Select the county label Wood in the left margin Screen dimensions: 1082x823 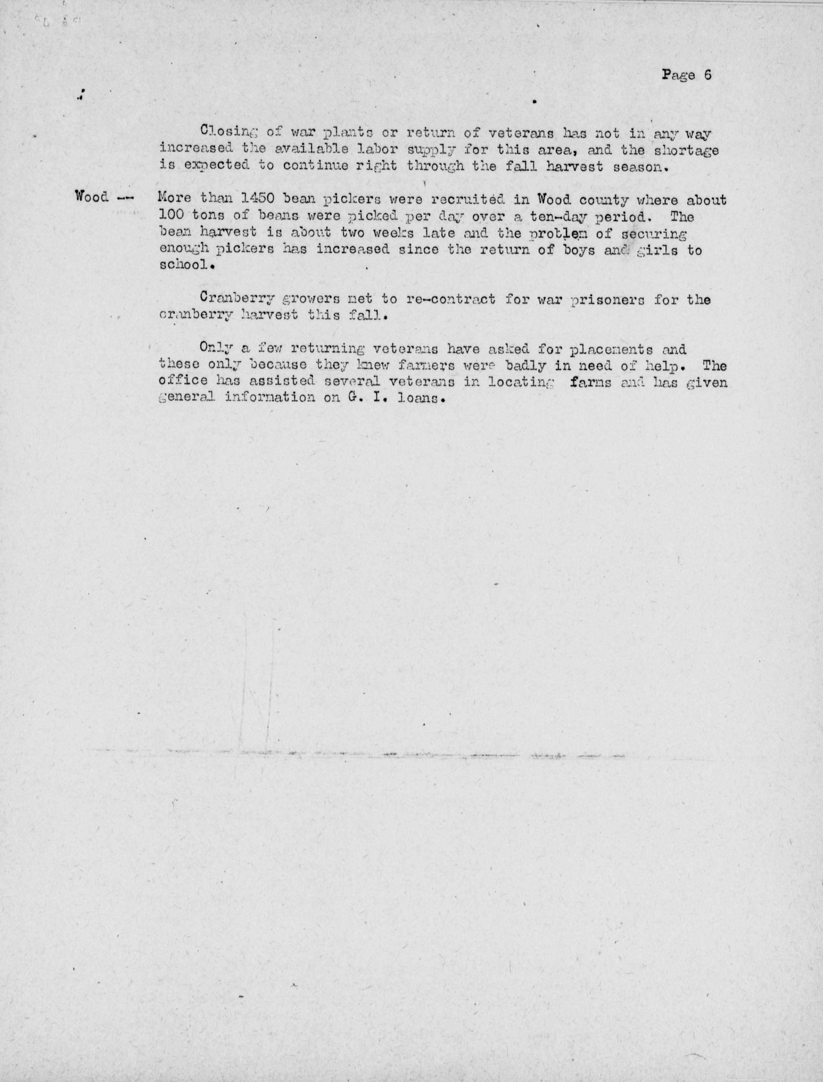coord(92,197)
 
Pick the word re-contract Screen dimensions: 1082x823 coord(451,298)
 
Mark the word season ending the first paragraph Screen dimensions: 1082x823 coord(640,166)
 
